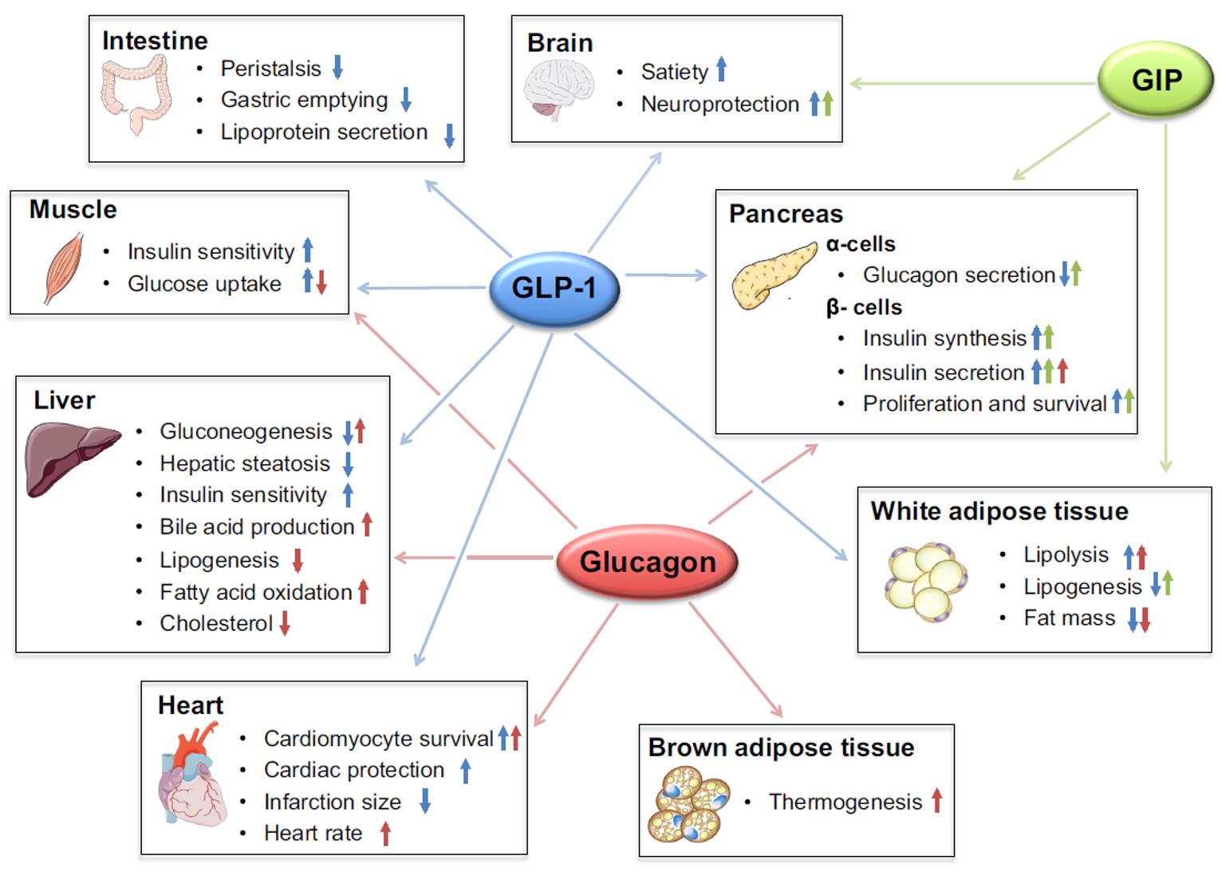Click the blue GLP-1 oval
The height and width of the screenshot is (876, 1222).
[554, 288]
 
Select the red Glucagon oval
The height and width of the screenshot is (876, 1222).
[647, 562]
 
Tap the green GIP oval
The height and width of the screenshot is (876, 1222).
[1156, 80]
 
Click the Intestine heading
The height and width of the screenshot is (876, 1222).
[155, 41]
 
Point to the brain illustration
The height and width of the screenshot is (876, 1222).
[558, 89]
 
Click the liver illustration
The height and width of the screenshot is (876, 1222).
[70, 457]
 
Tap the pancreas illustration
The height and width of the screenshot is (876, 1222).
[773, 275]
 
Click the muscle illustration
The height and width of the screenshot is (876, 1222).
[64, 267]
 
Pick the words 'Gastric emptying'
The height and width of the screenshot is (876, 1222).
[304, 100]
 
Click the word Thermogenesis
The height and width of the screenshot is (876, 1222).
[845, 802]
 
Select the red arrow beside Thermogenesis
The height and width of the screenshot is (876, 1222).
[937, 800]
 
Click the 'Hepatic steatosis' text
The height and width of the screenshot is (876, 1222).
[244, 464]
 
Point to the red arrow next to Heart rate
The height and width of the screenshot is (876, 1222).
[385, 834]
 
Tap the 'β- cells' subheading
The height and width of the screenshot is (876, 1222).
[864, 307]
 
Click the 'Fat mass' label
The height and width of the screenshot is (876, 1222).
[1069, 618]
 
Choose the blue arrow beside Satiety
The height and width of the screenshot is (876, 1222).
[721, 69]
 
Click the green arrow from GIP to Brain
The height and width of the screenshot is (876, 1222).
[973, 83]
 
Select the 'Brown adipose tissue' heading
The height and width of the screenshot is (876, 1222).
[781, 748]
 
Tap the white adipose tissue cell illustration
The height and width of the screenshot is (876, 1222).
[925, 582]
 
